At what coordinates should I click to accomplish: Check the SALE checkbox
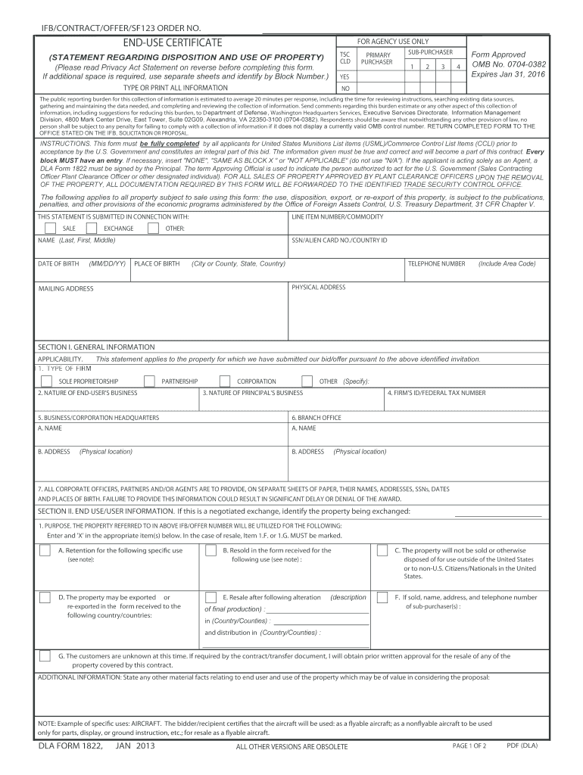tap(49, 228)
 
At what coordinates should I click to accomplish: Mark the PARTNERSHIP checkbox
tap(150, 381)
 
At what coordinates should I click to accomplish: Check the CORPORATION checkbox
tap(225, 381)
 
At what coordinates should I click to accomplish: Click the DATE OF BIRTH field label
tap(58, 263)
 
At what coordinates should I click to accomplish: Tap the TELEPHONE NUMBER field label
tap(436, 263)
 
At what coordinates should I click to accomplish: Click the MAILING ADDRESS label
tap(66, 288)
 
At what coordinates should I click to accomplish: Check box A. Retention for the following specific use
tap(45, 550)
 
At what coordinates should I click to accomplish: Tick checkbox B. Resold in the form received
tap(211, 550)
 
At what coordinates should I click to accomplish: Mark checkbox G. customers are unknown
tap(45, 655)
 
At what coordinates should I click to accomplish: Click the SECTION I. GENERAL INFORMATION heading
tap(86, 347)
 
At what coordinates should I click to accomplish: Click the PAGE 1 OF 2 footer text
tap(469, 746)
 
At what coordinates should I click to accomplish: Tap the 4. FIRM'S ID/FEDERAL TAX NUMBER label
tap(436, 393)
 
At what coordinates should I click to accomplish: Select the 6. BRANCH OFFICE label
tap(316, 417)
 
